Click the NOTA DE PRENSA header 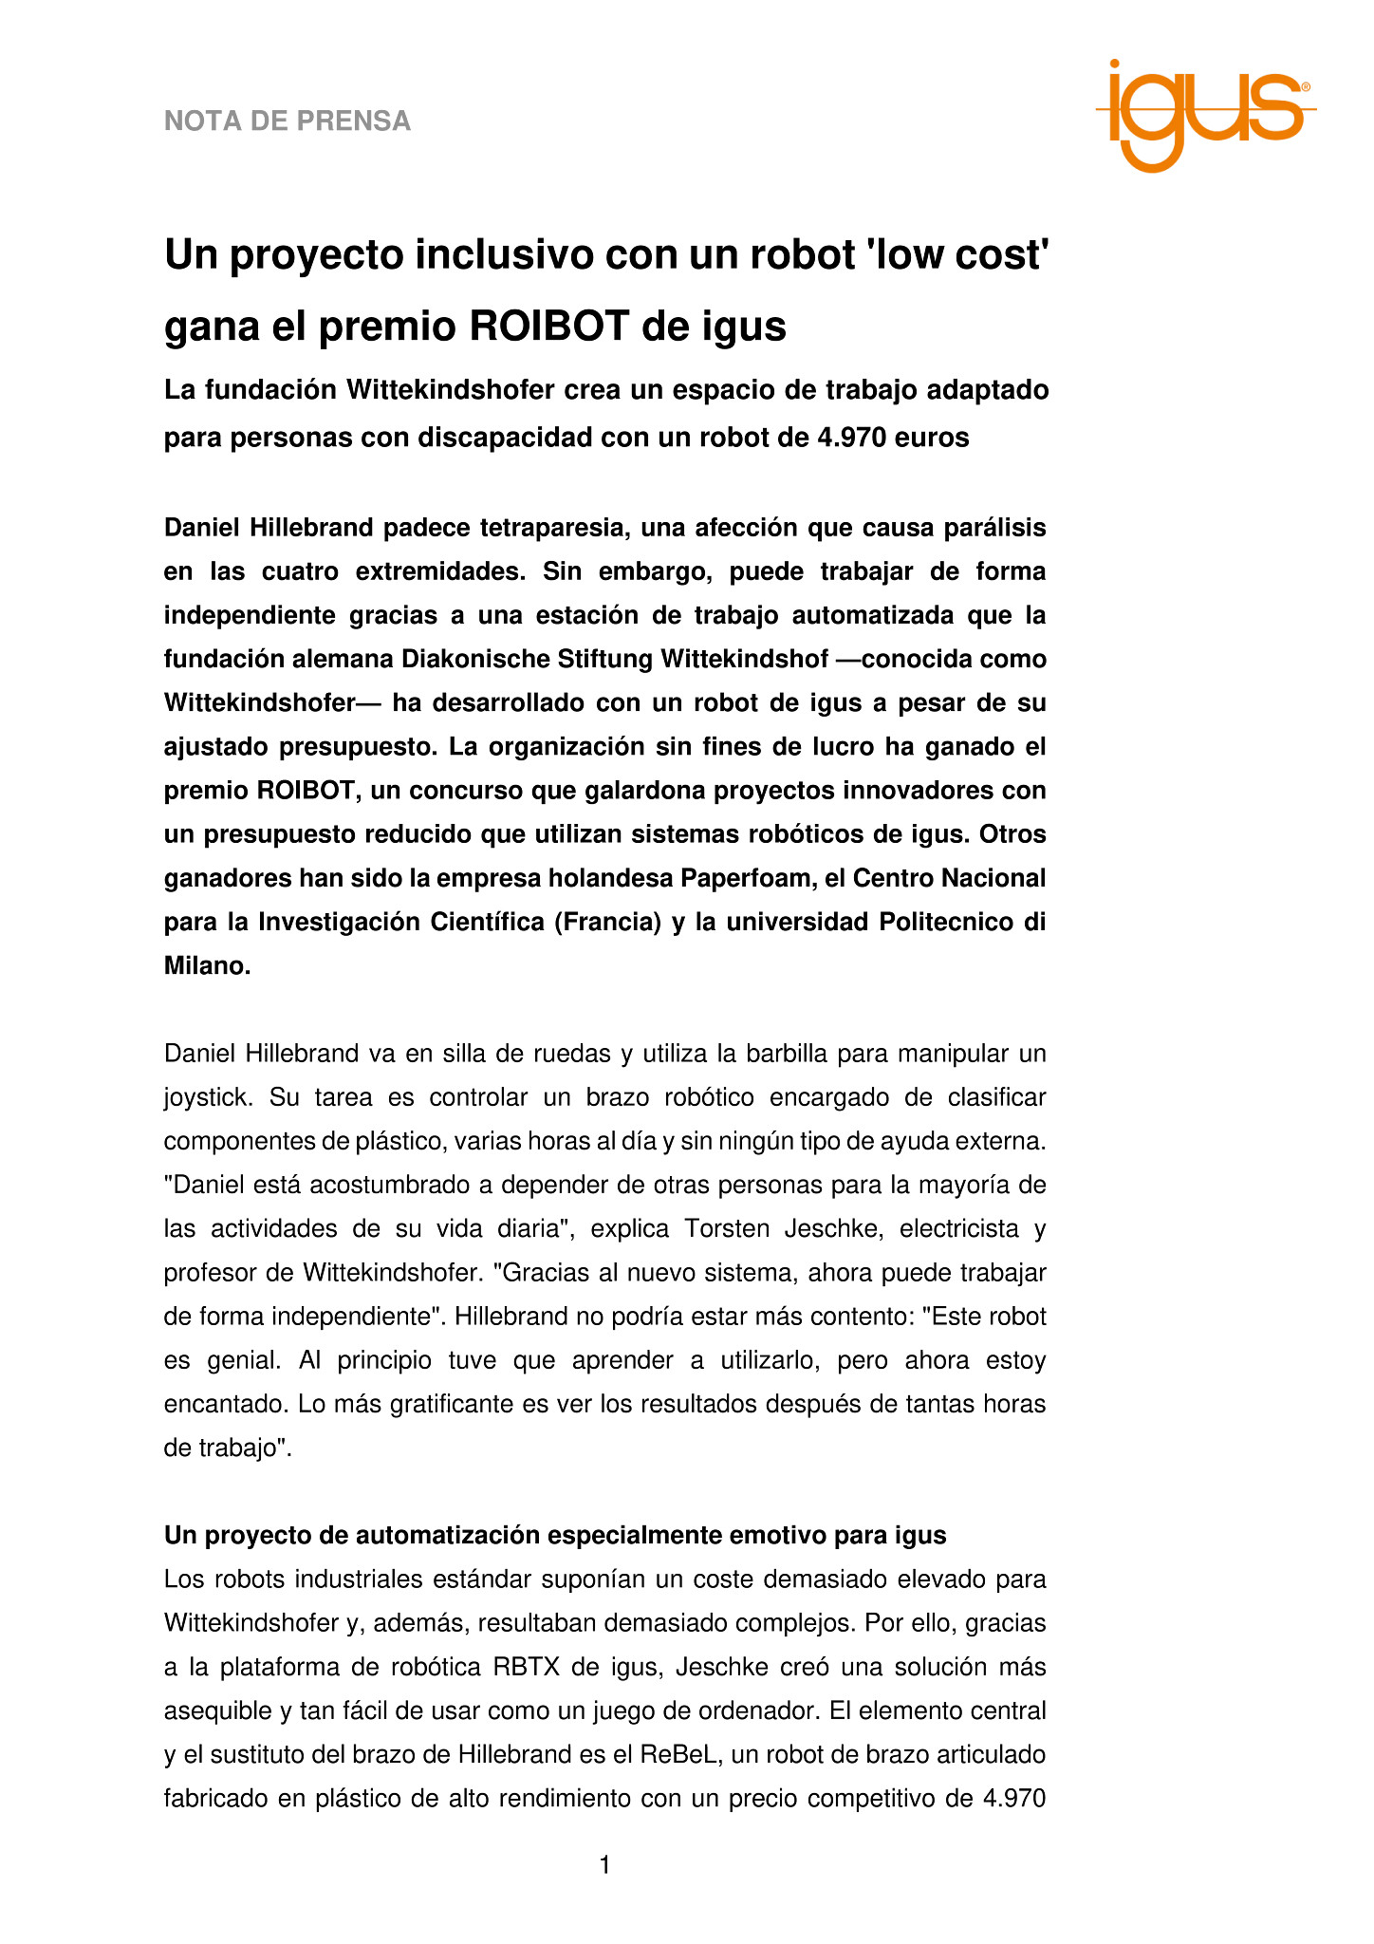[x=288, y=121]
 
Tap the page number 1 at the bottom [x=605, y=1866]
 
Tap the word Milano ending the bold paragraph [x=204, y=966]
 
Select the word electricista [x=956, y=1229]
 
